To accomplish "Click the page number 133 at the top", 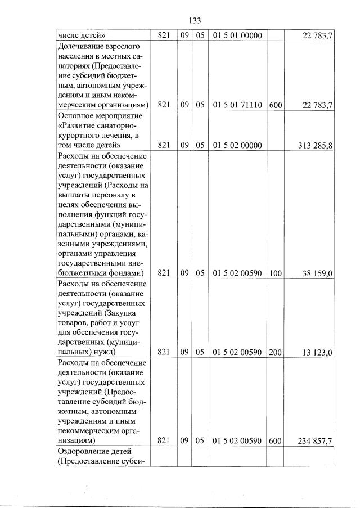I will pos(195,20).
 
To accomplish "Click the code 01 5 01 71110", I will pos(238,105).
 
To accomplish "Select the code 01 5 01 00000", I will pos(238,35).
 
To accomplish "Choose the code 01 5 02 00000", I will pos(238,145).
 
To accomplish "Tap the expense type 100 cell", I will pos(276,273).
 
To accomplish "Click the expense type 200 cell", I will pos(276,353).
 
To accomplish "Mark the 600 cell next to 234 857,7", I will pos(276,441).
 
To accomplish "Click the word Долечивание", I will pos(83,46).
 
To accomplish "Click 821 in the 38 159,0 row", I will pos(164,273).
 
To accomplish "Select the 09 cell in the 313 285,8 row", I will pos(184,145).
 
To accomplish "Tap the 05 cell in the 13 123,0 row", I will pos(200,353).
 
